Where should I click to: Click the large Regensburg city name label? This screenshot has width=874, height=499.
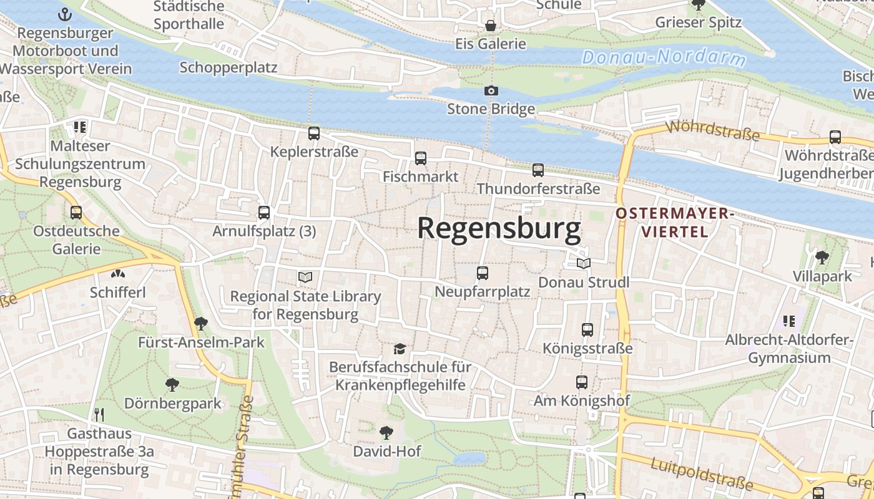click(499, 228)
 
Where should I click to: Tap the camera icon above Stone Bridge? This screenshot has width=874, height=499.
click(491, 91)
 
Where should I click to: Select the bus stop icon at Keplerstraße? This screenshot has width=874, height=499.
click(314, 133)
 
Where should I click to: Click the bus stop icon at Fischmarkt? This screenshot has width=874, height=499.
click(421, 158)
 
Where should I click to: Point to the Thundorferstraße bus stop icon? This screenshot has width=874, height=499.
click(538, 170)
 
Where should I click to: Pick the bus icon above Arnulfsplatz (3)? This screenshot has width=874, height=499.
click(264, 213)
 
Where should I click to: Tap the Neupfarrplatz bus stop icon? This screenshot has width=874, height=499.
click(483, 273)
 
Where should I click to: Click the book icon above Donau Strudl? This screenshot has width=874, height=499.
click(584, 264)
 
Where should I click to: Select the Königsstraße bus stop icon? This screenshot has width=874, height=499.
click(587, 330)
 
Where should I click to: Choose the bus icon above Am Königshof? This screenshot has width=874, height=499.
click(582, 382)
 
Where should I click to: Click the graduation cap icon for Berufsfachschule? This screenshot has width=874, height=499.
click(400, 349)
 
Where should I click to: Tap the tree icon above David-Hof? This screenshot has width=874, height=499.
click(386, 432)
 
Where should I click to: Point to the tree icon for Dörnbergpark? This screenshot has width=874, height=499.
click(172, 385)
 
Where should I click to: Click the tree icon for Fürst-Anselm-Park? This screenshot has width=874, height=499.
click(201, 324)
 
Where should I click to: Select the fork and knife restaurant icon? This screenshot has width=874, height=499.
click(99, 415)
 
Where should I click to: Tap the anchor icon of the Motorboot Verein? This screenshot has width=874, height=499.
click(65, 14)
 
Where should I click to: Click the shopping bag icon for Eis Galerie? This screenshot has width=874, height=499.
click(491, 26)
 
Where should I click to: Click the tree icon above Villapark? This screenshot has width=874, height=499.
click(822, 257)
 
